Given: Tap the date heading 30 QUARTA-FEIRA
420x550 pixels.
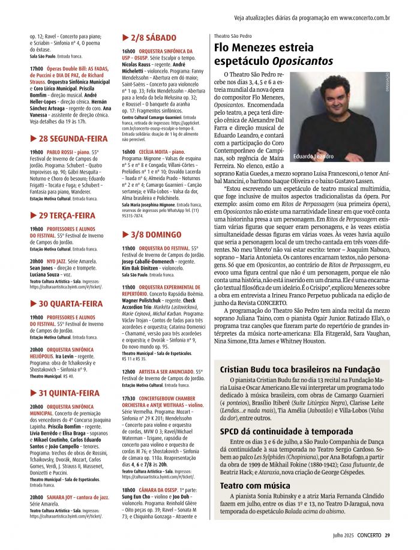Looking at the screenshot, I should tap(67, 303).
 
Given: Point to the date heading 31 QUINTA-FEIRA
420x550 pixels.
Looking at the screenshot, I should tap(65, 393).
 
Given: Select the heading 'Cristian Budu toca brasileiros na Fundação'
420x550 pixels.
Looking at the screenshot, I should tap(299, 369).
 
